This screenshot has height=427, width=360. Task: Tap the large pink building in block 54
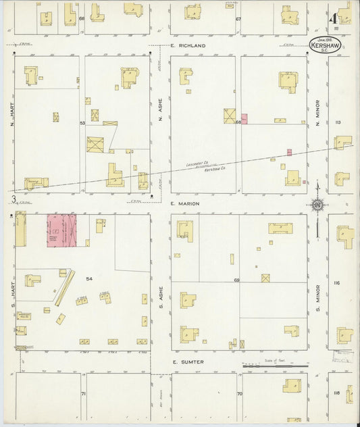[x=61, y=230]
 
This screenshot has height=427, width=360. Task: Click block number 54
[x=88, y=278]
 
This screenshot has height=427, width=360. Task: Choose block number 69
[x=237, y=280]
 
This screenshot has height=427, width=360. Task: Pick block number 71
[x=84, y=393]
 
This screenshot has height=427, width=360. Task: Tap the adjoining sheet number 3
[x=14, y=199]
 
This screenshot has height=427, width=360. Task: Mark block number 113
[x=337, y=122]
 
